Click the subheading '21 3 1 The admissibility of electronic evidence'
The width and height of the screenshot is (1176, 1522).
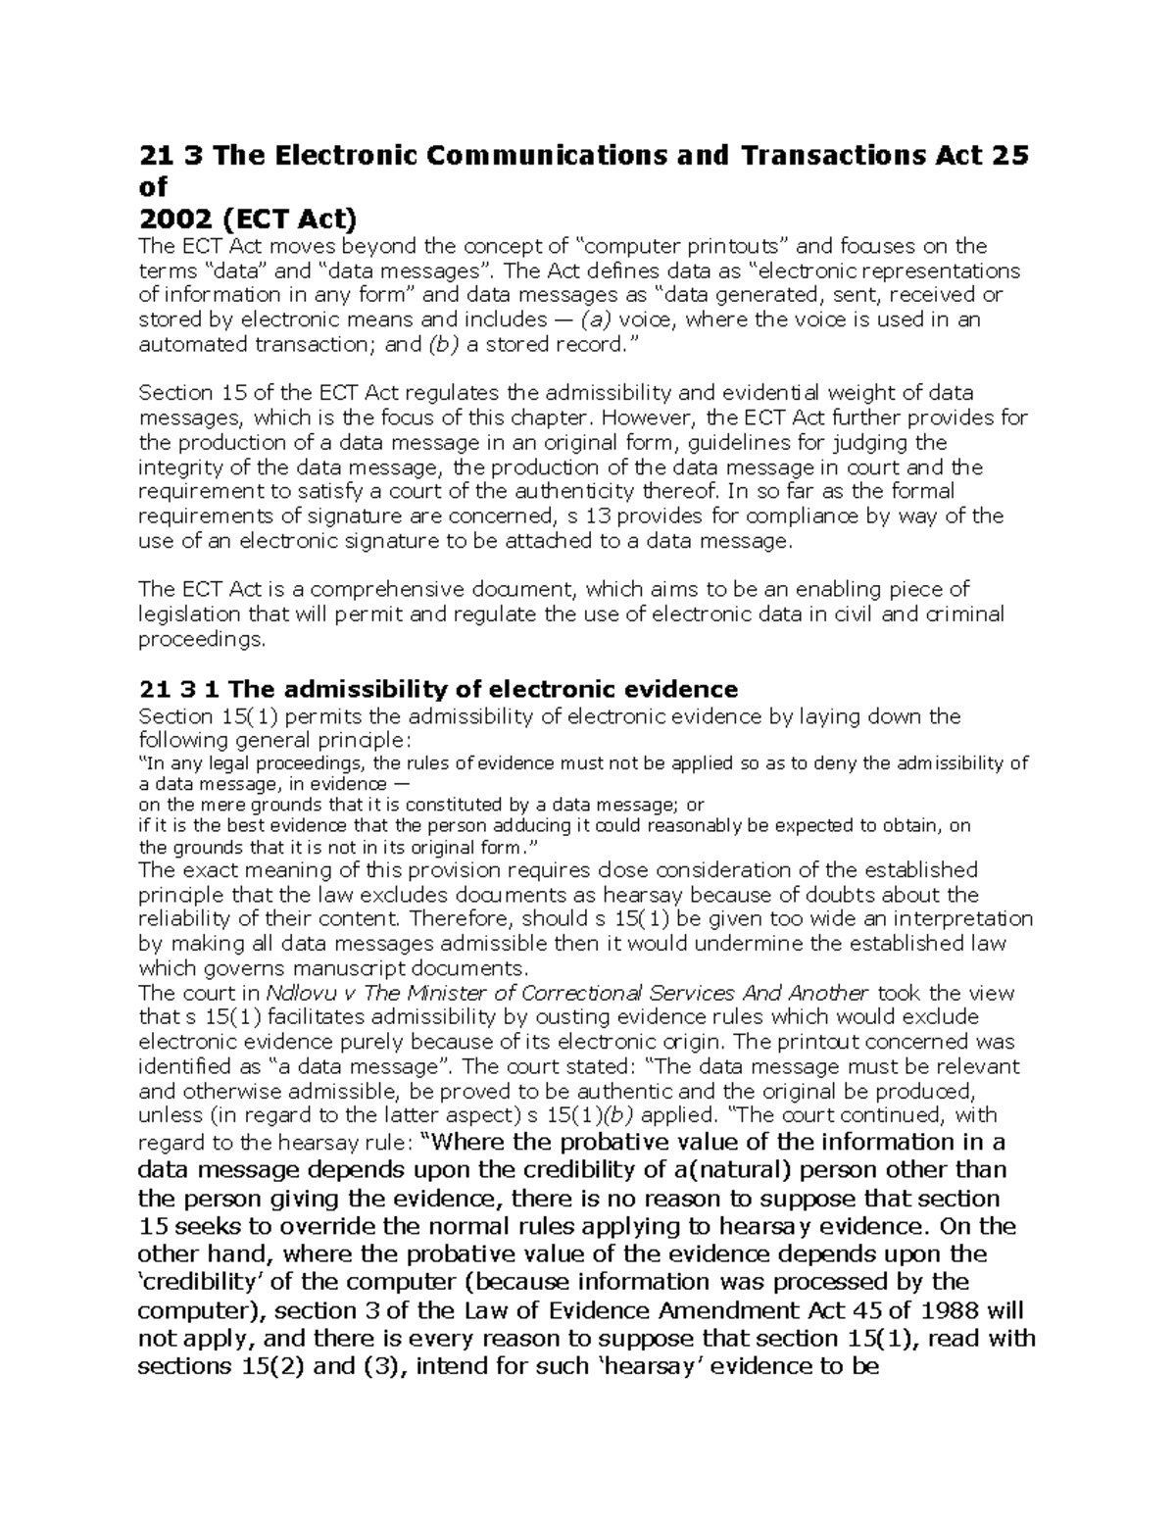[x=438, y=689]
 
